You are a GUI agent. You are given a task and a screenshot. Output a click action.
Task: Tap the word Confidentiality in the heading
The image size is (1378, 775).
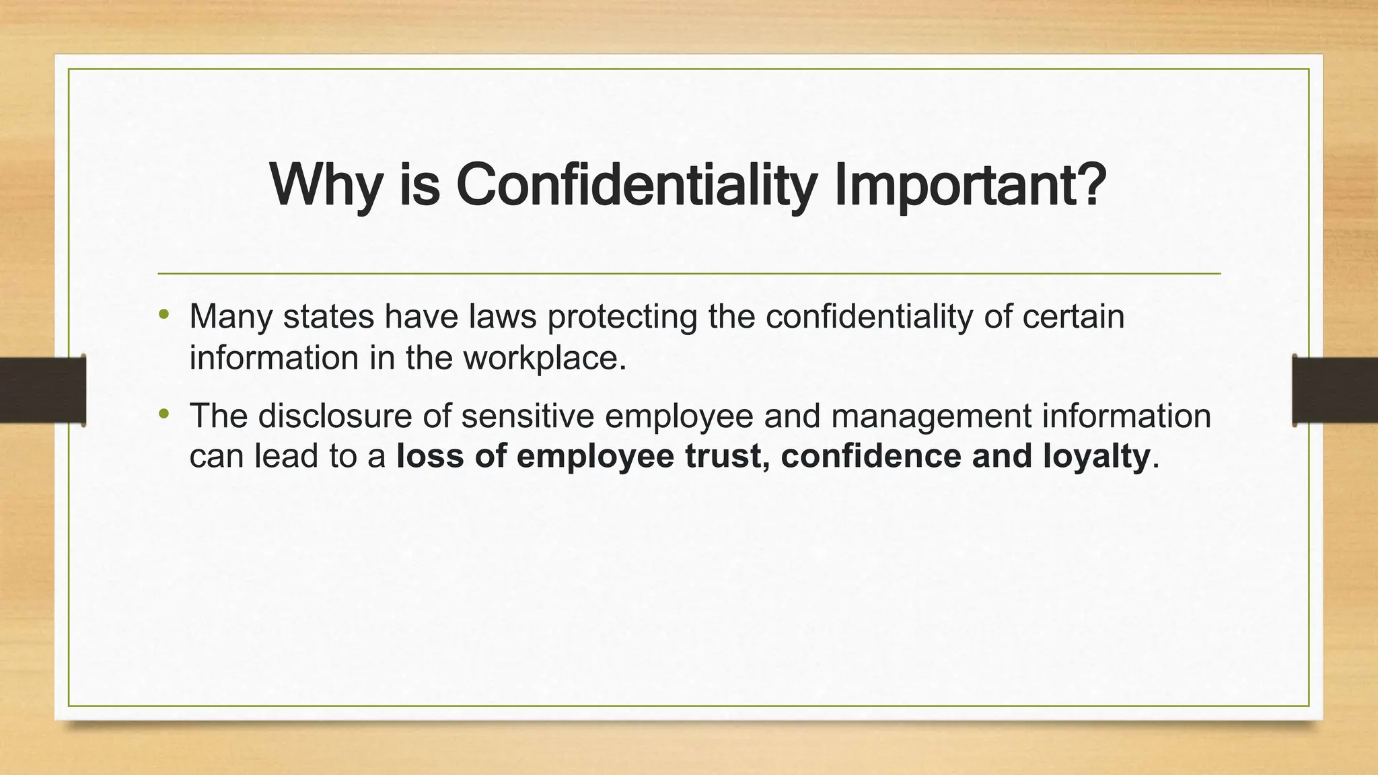pyautogui.click(x=636, y=185)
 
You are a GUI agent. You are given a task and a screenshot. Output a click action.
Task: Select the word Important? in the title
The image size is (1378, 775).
pyautogui.click(x=970, y=185)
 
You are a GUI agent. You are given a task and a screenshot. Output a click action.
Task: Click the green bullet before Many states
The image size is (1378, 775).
pyautogui.click(x=164, y=314)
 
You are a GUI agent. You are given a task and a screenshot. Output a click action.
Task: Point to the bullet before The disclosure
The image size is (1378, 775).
pyautogui.click(x=164, y=413)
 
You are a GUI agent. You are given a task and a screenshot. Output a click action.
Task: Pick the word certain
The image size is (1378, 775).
pyautogui.click(x=1073, y=316)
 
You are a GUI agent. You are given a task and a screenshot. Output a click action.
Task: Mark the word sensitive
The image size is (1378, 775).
pyautogui.click(x=528, y=416)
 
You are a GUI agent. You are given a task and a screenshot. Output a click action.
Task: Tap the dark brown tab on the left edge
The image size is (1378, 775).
pyautogui.click(x=42, y=390)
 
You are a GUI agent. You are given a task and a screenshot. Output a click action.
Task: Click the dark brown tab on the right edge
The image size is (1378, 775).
pyautogui.click(x=1335, y=390)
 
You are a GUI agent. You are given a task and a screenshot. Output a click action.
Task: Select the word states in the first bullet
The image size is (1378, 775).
pyautogui.click(x=328, y=316)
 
